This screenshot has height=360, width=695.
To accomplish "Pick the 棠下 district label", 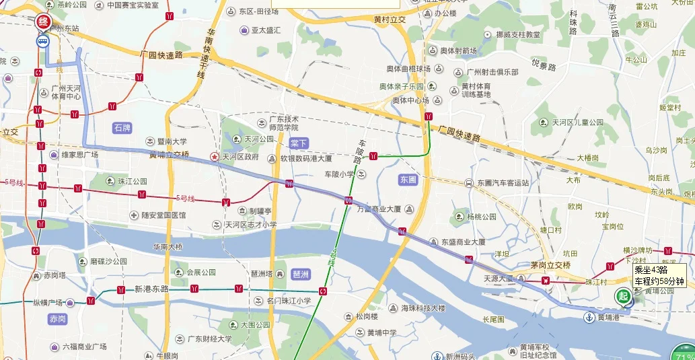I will (298, 143).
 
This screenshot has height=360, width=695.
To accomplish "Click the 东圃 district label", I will (408, 180).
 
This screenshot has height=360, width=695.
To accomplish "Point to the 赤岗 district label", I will (57, 318).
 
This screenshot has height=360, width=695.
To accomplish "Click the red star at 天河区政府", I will (215, 157).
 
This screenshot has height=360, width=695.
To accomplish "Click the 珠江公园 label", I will (133, 181).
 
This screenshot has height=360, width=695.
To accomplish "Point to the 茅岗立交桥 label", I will (550, 264).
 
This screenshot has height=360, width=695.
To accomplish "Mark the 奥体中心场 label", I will (411, 100).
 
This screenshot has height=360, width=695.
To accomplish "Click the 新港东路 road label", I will (151, 289).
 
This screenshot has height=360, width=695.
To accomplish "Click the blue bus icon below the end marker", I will (43, 41).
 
